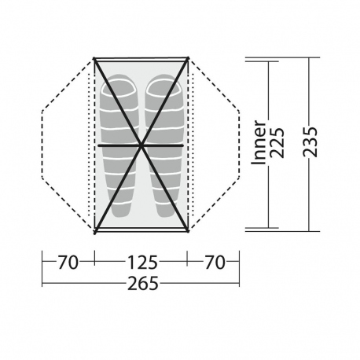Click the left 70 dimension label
click(x=68, y=263)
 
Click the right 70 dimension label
click(x=215, y=263)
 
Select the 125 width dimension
click(x=142, y=263)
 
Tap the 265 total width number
click(x=143, y=284)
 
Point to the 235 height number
click(x=310, y=142)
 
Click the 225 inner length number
click(x=277, y=143)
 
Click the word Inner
click(x=259, y=143)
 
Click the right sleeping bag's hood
click(x=163, y=86)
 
